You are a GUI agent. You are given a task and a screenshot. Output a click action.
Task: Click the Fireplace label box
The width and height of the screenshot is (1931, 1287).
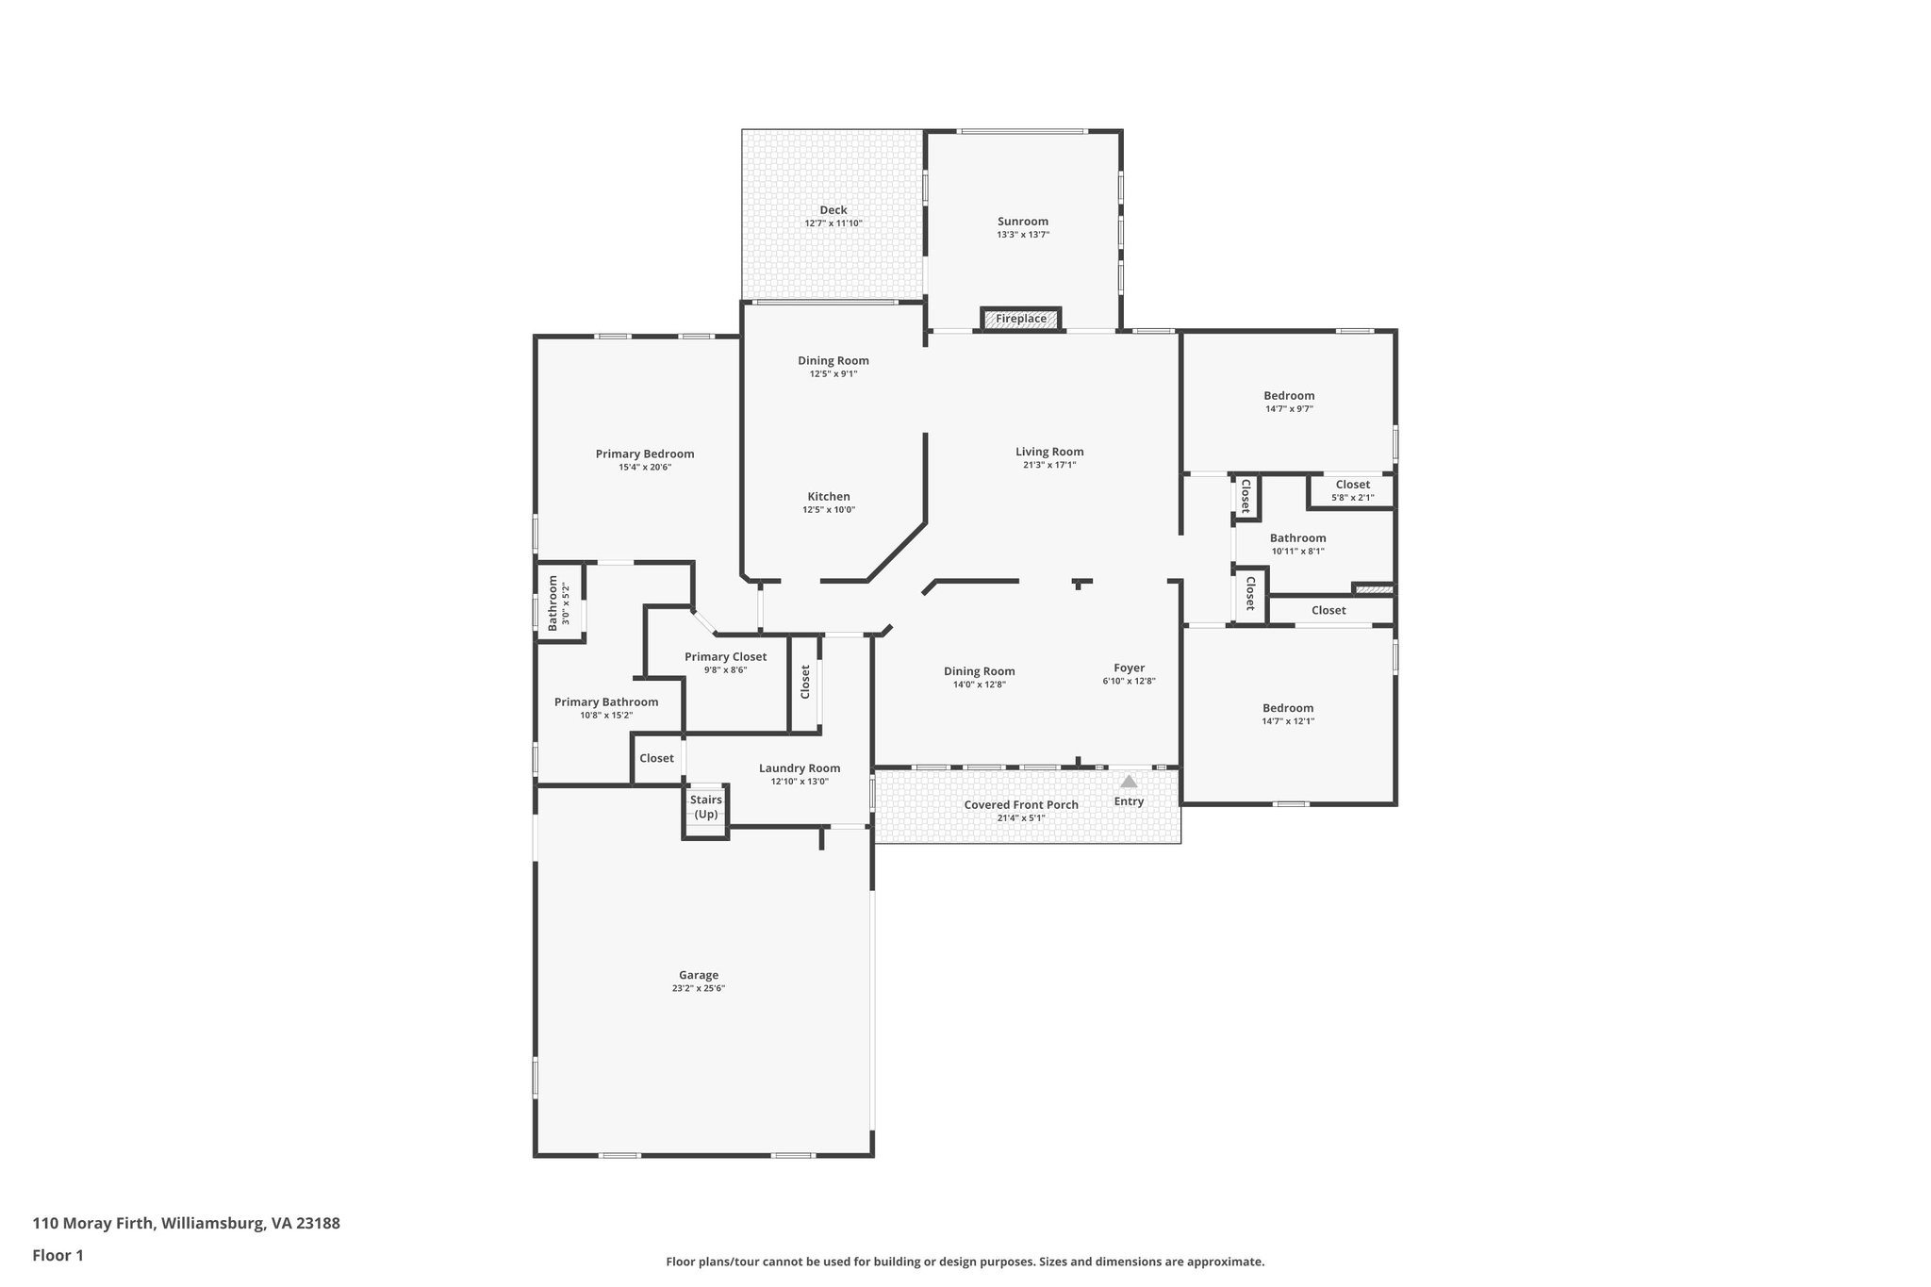pos(1021,319)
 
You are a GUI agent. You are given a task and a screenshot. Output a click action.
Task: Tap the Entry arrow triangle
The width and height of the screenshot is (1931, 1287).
pos(1129,782)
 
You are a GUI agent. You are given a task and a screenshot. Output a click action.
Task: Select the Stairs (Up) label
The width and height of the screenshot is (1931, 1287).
pos(706,807)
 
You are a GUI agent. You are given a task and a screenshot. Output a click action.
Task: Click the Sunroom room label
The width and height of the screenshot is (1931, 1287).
pos(1023,222)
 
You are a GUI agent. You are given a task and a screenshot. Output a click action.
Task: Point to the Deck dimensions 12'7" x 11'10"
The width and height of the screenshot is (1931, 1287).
pos(833,223)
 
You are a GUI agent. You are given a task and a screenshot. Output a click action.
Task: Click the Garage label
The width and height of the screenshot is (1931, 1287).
pos(699,975)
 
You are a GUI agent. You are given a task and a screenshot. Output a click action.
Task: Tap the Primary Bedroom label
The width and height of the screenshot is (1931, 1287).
pos(645,454)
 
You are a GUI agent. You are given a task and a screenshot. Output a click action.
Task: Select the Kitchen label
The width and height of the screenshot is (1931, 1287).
pos(829,496)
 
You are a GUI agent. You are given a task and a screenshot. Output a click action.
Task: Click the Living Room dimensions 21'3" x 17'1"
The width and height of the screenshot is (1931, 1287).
pos(1049,465)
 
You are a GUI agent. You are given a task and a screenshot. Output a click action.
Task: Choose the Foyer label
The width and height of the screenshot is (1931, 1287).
pos(1129,668)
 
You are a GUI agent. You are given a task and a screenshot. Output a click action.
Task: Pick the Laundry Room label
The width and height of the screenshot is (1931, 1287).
pos(800,767)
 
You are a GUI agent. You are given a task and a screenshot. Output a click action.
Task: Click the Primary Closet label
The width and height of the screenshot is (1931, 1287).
pos(725,656)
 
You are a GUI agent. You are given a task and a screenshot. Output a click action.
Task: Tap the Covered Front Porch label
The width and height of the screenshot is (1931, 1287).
pos(1021,804)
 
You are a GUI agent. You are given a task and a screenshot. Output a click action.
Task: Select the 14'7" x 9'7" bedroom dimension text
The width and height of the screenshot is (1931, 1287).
pos(1289,409)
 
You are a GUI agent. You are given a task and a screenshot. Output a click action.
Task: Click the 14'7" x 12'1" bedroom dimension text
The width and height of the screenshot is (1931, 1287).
pos(1288,721)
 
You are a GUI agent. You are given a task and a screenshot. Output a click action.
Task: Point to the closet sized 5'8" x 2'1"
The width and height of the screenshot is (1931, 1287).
pos(1352,490)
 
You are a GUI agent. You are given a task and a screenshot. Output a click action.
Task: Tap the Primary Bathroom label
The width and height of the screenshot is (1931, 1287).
pos(606,701)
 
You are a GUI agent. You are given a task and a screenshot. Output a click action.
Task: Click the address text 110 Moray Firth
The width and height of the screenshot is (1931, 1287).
pos(186,1223)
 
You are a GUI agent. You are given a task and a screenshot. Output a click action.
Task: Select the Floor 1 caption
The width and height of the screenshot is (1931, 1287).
pos(58,1255)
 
